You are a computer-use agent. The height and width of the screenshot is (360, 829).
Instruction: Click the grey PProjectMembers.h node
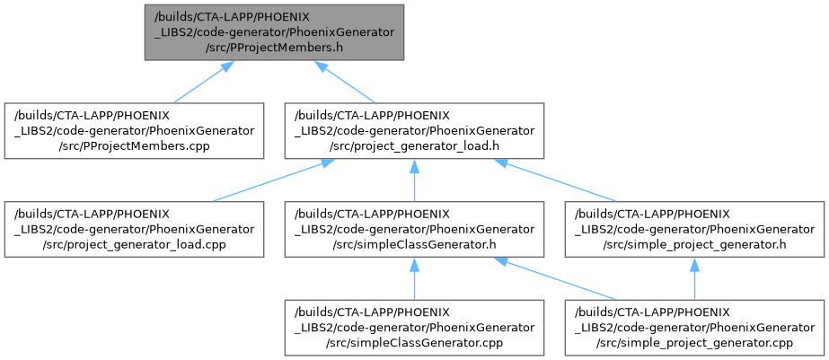(x=274, y=31)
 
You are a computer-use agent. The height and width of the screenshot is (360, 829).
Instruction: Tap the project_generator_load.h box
(x=413, y=130)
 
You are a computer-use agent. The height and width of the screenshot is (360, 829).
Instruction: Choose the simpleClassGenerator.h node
(x=413, y=229)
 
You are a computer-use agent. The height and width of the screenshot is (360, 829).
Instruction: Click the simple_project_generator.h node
(x=693, y=229)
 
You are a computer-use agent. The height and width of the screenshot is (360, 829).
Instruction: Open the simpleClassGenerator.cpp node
(x=413, y=327)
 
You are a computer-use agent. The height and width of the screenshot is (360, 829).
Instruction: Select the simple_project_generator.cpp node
(x=693, y=327)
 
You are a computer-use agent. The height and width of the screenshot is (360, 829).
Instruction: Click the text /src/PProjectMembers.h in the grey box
(x=274, y=48)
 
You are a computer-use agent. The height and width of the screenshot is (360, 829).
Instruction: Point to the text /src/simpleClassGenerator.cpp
(x=413, y=343)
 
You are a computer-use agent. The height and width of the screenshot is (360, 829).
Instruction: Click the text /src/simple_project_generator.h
(x=693, y=245)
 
